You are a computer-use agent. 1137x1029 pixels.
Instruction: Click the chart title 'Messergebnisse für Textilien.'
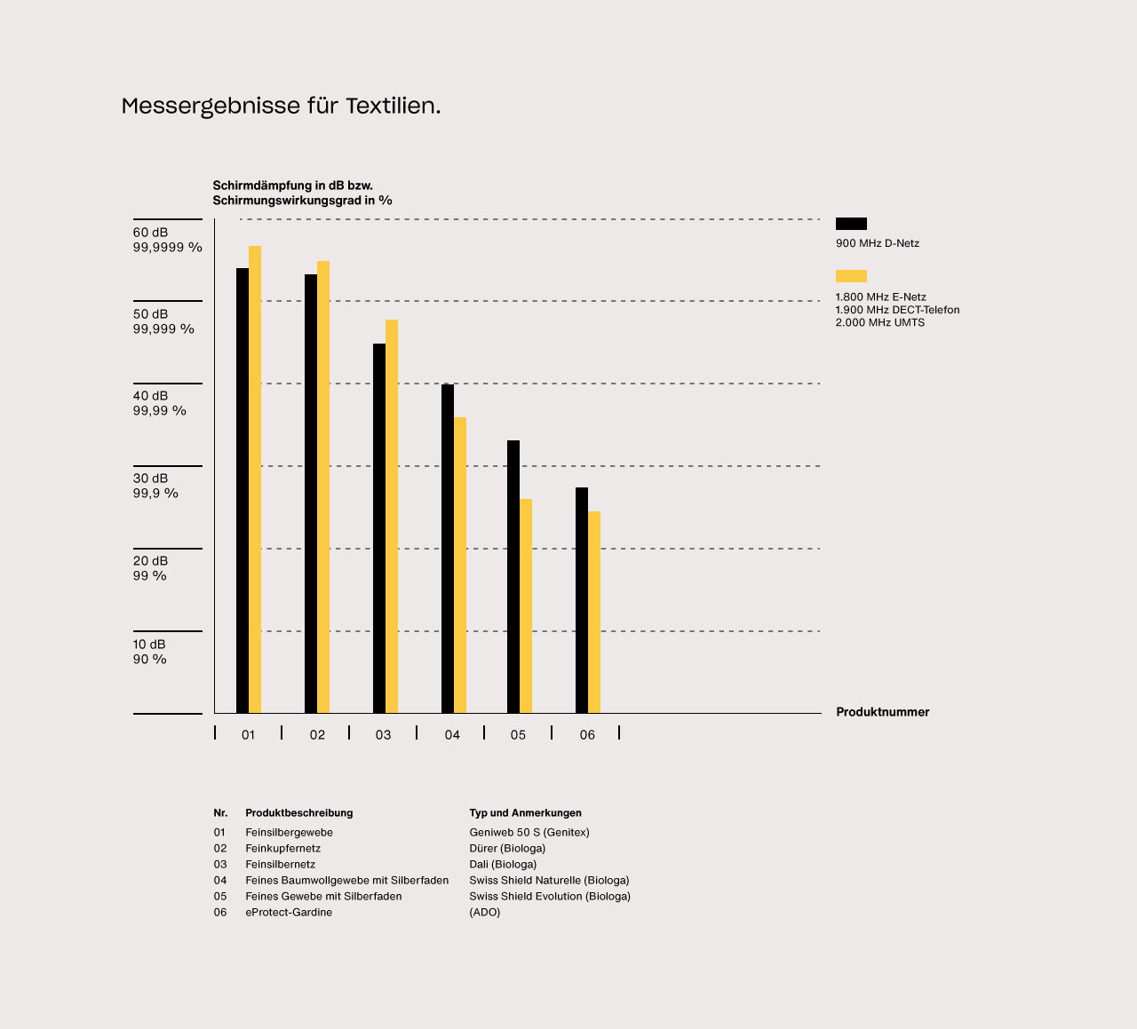click(281, 106)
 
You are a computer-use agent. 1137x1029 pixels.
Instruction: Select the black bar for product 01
click(243, 490)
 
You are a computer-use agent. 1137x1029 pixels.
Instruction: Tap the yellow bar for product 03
click(392, 516)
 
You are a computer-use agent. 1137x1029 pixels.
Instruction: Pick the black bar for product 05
click(513, 576)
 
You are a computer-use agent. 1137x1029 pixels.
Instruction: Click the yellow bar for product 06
click(594, 612)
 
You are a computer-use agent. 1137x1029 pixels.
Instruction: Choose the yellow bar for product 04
click(460, 565)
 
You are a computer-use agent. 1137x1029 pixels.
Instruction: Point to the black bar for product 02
click(311, 494)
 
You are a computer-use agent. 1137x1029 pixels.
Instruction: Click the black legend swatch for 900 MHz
click(851, 224)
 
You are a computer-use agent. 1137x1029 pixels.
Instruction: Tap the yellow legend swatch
click(851, 276)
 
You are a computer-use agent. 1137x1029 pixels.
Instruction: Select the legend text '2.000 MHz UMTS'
click(879, 323)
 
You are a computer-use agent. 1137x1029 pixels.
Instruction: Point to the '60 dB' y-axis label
click(150, 233)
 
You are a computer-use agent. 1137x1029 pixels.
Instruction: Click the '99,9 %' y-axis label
click(155, 494)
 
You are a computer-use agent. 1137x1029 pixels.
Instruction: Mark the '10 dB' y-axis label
click(149, 644)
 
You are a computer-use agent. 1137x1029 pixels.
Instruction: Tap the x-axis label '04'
click(452, 735)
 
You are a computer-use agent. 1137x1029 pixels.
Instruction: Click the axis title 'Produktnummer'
click(882, 712)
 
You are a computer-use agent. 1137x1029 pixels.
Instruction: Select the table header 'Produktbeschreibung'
click(298, 813)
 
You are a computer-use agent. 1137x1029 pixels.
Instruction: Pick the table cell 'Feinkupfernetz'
click(282, 849)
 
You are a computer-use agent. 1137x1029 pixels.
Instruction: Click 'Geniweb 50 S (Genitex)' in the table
click(529, 833)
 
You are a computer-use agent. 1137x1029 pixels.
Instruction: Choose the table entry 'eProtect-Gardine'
click(289, 913)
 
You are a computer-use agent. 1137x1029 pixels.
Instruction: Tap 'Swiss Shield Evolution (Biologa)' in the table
click(550, 897)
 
